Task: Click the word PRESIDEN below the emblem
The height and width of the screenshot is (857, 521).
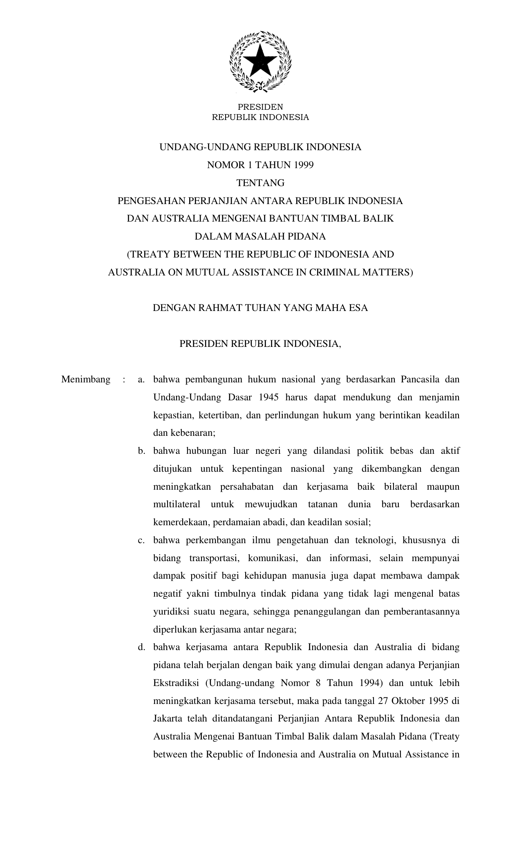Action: coord(260,107)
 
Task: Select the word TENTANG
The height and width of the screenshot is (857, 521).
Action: coord(260,183)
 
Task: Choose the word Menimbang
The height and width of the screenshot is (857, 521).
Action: coord(86,380)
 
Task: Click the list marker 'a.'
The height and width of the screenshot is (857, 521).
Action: coord(141,380)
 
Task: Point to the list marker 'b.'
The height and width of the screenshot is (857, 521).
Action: coord(141,451)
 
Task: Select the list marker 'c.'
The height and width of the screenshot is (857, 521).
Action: coord(141,540)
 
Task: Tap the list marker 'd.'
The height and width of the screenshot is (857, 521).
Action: coord(141,647)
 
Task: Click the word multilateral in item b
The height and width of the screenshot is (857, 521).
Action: coord(177,504)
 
